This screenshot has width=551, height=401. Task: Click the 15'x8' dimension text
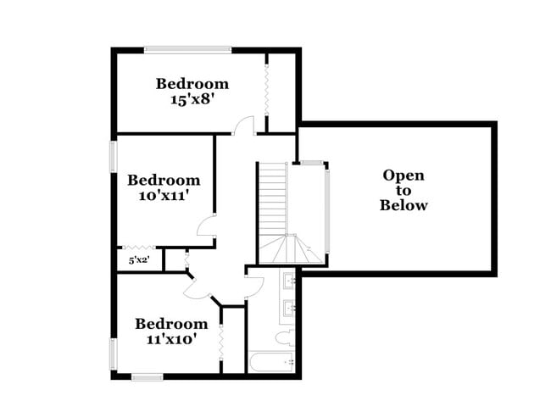tap(192, 99)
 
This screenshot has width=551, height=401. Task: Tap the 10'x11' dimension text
tap(164, 195)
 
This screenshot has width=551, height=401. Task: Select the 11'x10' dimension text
tap(171, 339)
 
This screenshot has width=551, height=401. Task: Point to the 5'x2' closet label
tap(139, 260)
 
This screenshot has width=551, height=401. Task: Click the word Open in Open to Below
tap(404, 175)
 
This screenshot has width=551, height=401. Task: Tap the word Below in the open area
tap(404, 205)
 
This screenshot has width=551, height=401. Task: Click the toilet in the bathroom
tap(285, 338)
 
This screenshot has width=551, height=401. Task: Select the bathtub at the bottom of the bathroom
tap(271, 363)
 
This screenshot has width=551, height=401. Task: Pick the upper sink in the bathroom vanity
tap(289, 279)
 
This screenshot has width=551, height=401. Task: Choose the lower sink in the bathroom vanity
tap(289, 309)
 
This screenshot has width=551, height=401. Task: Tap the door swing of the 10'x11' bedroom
tap(207, 226)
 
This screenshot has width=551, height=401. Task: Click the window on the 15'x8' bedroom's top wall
tap(187, 49)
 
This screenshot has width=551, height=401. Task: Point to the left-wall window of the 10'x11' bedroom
tap(113, 156)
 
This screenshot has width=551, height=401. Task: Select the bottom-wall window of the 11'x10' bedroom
tap(146, 376)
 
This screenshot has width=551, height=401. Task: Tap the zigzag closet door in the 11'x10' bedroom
tap(221, 345)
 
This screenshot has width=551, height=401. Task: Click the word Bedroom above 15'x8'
tap(192, 83)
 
